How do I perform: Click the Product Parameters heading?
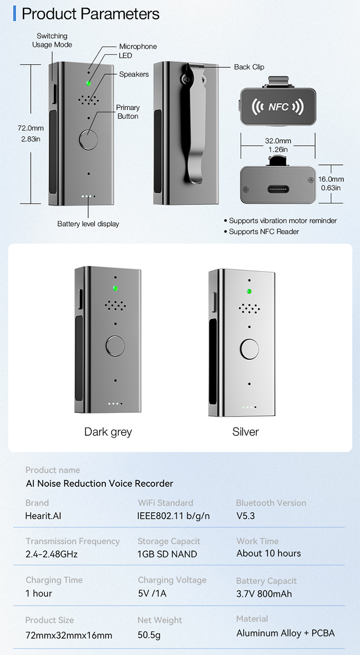90,14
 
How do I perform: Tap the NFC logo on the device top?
278,107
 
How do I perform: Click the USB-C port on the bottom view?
277,189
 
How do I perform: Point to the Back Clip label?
249,67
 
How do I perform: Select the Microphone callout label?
138,46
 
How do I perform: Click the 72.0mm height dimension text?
30,128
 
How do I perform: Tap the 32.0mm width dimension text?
278,141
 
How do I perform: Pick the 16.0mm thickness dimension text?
331,179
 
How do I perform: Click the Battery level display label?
88,224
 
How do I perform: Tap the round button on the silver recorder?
249,348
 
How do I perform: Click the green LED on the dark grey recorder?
115,288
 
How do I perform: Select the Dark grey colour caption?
108,432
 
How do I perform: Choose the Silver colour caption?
245,432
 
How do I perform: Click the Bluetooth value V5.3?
246,516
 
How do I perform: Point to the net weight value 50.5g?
149,635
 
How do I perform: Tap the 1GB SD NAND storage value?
167,554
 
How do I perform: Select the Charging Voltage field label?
172,580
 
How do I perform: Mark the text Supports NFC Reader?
264,232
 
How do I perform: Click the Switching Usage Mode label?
52,40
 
